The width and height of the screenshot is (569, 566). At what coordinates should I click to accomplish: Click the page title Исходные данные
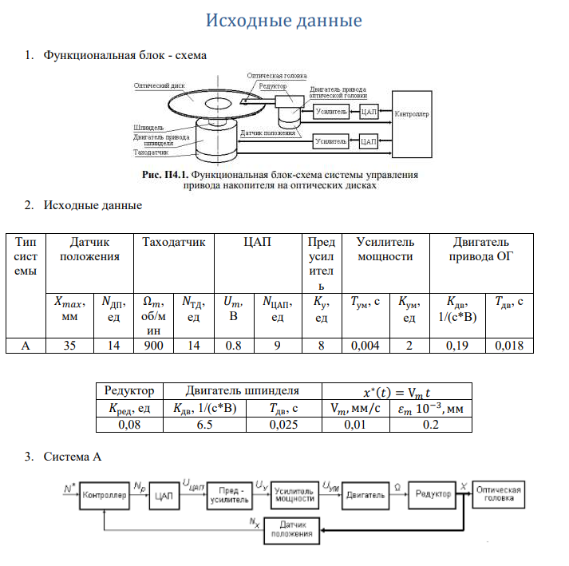coord(284,20)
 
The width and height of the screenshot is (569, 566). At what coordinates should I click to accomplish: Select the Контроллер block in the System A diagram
coord(105,495)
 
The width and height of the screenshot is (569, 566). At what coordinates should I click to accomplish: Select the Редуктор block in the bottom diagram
coord(433,495)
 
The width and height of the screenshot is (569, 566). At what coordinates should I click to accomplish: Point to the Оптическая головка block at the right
coord(498,494)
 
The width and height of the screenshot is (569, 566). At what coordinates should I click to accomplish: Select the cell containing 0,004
coord(365,346)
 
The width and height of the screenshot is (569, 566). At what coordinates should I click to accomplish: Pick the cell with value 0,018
coord(509,346)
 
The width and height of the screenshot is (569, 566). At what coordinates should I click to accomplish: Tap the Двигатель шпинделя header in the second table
coord(243,390)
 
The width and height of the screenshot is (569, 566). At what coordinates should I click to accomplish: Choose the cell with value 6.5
coord(203,425)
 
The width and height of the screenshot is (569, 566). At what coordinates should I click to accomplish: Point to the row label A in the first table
coord(26,346)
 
